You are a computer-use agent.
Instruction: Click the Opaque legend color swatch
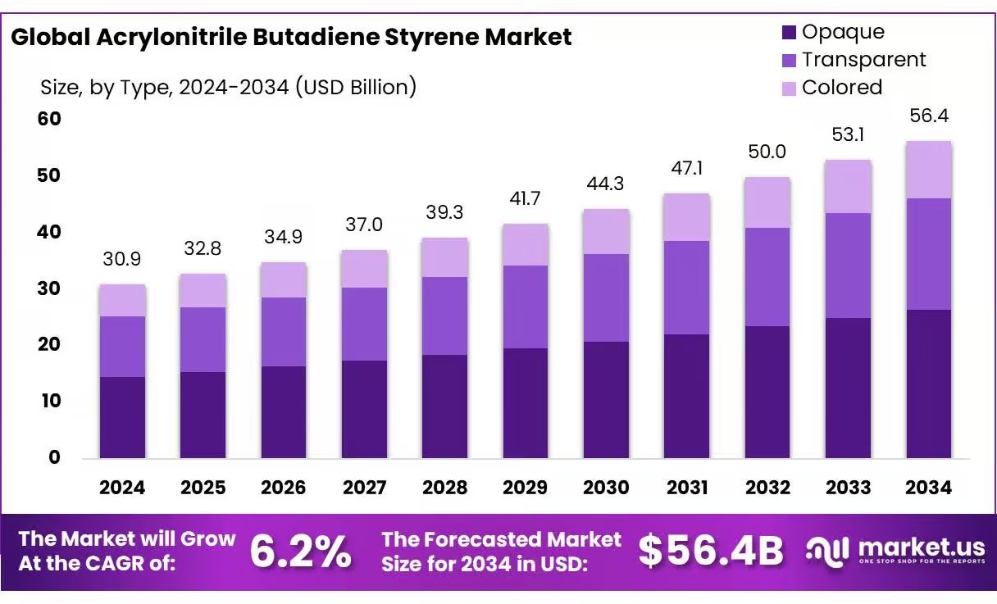click(x=789, y=33)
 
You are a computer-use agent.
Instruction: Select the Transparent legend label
click(x=863, y=60)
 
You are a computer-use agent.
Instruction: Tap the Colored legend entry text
click(x=841, y=88)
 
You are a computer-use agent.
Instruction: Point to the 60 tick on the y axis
click(x=49, y=119)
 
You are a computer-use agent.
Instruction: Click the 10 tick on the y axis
click(x=49, y=401)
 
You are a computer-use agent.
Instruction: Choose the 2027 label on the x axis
click(x=364, y=488)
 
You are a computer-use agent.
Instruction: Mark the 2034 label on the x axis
click(x=928, y=488)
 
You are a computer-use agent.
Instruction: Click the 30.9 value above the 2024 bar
click(x=122, y=259)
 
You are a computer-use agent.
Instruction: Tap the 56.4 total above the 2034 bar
click(x=929, y=116)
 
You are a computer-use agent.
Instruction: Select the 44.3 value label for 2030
click(x=606, y=184)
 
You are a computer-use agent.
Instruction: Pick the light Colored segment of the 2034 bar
click(x=928, y=170)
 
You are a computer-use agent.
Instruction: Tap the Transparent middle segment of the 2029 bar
click(x=525, y=307)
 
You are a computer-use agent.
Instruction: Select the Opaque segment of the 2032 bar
click(x=767, y=392)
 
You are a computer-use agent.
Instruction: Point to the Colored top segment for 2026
click(x=284, y=279)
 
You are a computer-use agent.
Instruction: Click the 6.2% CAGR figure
click(x=300, y=552)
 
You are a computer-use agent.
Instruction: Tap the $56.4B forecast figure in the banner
click(x=711, y=552)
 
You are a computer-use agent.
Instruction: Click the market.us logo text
click(x=922, y=547)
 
